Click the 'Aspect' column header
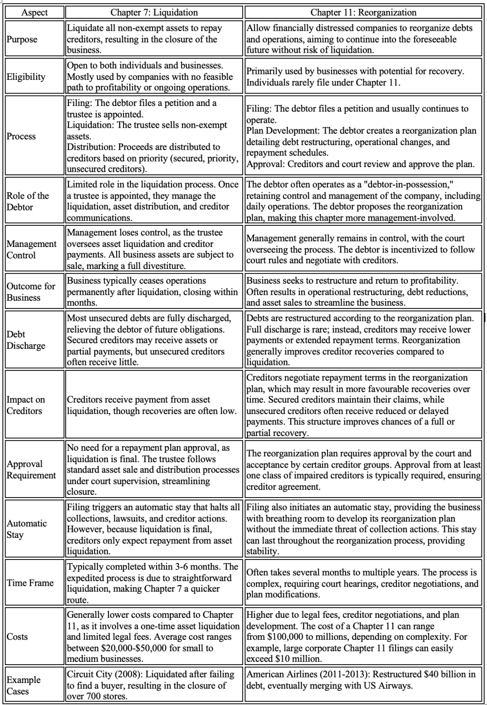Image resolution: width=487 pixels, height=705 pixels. [x=34, y=12]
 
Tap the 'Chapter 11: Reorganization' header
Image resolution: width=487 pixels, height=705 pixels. [x=363, y=12]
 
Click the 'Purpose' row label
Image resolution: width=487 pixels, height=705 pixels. [x=22, y=39]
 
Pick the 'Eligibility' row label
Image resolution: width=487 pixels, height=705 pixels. [x=26, y=77]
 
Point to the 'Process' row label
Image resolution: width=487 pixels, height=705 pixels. [x=21, y=136]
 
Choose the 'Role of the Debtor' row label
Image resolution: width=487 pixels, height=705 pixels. [x=28, y=201]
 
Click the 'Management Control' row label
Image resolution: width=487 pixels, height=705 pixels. [x=32, y=249]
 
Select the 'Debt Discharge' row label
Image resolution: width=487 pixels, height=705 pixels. [x=26, y=340]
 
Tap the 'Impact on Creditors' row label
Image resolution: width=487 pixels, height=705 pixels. [x=26, y=405]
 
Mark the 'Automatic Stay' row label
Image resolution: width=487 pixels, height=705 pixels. [x=27, y=529]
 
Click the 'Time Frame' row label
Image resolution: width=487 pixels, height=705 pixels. [x=30, y=583]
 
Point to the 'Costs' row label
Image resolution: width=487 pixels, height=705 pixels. [x=17, y=637]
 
